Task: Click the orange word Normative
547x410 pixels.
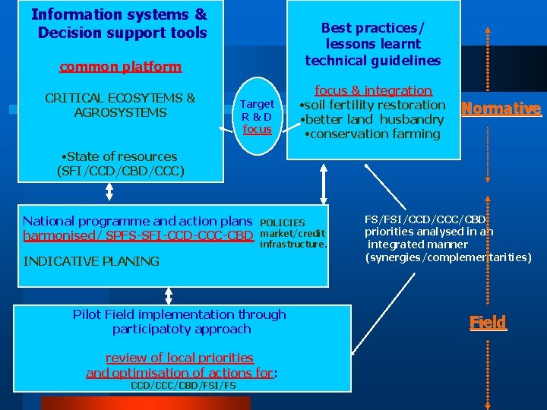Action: tap(501, 109)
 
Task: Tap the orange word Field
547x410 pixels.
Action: tap(487, 322)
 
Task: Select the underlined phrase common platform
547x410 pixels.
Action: tap(121, 67)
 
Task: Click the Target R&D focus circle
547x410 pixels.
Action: tap(257, 116)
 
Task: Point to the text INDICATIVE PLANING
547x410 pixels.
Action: tap(92, 261)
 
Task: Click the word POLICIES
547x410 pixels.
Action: tap(282, 222)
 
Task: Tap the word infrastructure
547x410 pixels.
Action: tap(293, 244)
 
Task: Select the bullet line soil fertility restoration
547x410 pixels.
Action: tap(373, 105)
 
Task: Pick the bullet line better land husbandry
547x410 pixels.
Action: tap(372, 120)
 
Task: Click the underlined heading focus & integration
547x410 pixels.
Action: tap(373, 90)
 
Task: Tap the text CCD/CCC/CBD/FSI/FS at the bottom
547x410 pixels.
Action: tap(183, 385)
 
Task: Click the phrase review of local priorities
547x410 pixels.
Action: tap(179, 358)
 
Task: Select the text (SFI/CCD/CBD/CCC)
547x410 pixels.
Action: tap(120, 171)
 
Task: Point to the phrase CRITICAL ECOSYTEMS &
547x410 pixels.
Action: tap(120, 98)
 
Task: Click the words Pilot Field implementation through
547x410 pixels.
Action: tap(179, 314)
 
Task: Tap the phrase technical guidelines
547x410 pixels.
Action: tap(372, 60)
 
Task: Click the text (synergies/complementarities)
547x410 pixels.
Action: tap(448, 258)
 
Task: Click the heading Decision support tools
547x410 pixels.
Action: tap(122, 33)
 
